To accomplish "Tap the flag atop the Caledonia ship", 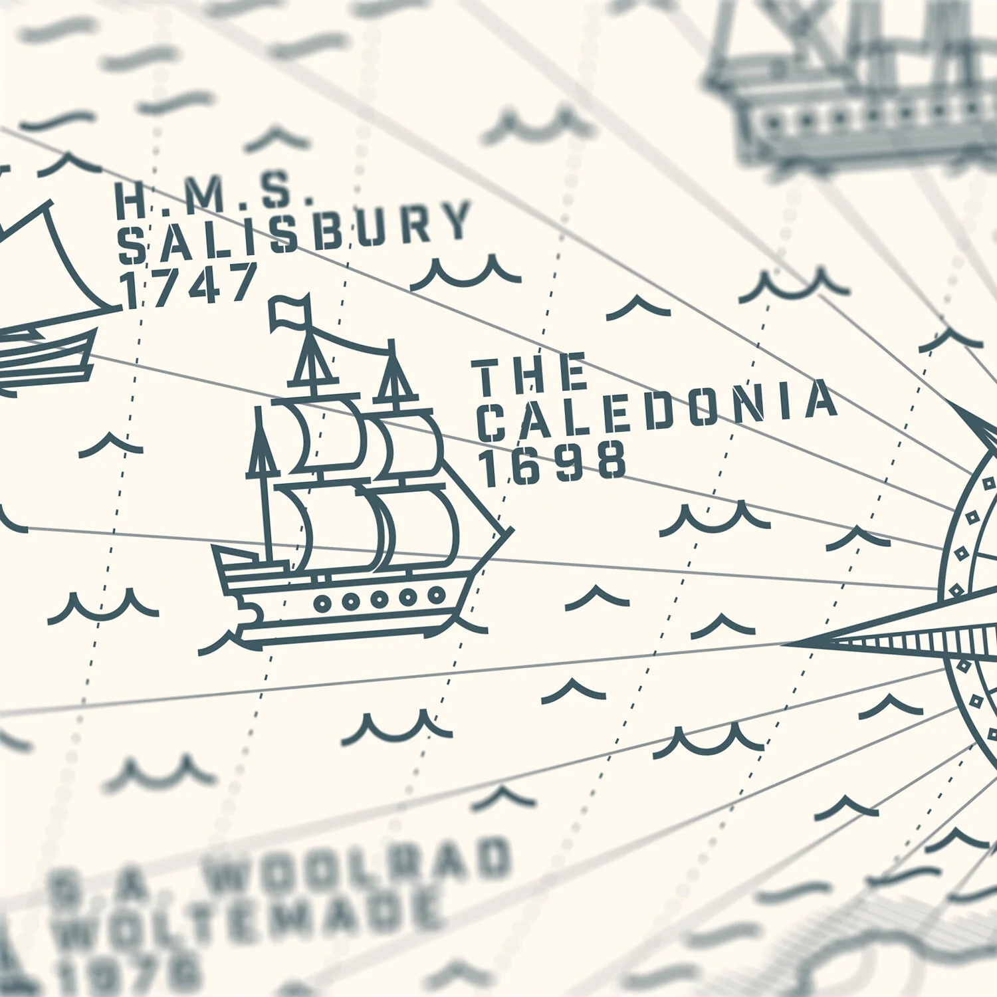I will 289,312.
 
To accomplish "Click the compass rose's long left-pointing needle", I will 864,641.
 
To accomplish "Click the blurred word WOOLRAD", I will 359,864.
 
